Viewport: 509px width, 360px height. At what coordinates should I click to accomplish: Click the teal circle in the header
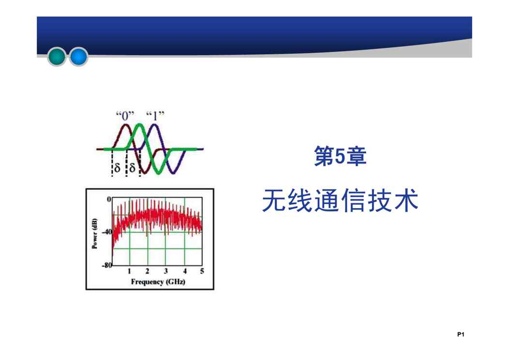(x=57, y=57)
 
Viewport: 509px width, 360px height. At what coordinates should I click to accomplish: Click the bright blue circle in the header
(x=78, y=57)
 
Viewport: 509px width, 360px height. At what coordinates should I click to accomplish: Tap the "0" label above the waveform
(x=125, y=116)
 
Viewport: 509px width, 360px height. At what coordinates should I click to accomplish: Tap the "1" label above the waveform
(x=155, y=116)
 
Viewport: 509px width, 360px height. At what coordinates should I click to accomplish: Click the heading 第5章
(x=340, y=156)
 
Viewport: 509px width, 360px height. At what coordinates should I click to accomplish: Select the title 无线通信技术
(x=340, y=201)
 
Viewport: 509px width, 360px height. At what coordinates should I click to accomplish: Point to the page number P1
(x=461, y=334)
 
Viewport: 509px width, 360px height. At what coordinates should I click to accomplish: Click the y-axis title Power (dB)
(x=94, y=233)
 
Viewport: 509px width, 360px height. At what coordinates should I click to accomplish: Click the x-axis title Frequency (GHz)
(x=158, y=282)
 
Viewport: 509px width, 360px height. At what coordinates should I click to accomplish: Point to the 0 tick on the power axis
(x=109, y=199)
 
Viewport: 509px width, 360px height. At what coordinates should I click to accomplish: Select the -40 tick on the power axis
(x=107, y=232)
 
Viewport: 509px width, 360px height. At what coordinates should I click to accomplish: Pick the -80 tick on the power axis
(x=107, y=265)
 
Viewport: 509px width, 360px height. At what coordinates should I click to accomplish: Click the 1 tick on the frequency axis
(x=129, y=271)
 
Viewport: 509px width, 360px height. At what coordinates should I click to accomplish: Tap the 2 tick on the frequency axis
(x=148, y=271)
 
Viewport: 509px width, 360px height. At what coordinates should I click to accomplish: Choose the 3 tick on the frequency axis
(x=166, y=271)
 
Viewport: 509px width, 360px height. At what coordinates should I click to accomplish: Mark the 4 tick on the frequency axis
(x=185, y=271)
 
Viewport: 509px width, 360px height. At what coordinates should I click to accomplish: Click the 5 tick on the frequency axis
(x=202, y=271)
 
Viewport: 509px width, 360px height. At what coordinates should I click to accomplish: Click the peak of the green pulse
(x=139, y=125)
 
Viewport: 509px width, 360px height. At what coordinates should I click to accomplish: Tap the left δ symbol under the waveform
(x=117, y=167)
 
